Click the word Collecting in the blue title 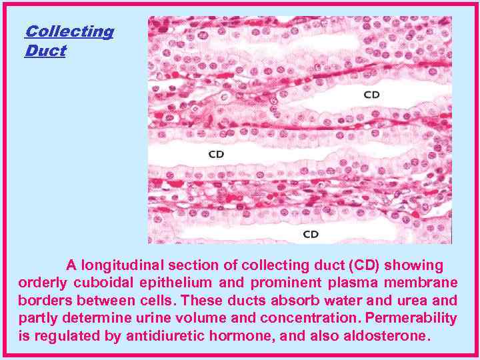pos(69,31)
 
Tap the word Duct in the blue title pos(45,51)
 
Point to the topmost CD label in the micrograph pos(371,95)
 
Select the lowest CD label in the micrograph pos(311,234)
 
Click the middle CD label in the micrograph pos(216,154)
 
